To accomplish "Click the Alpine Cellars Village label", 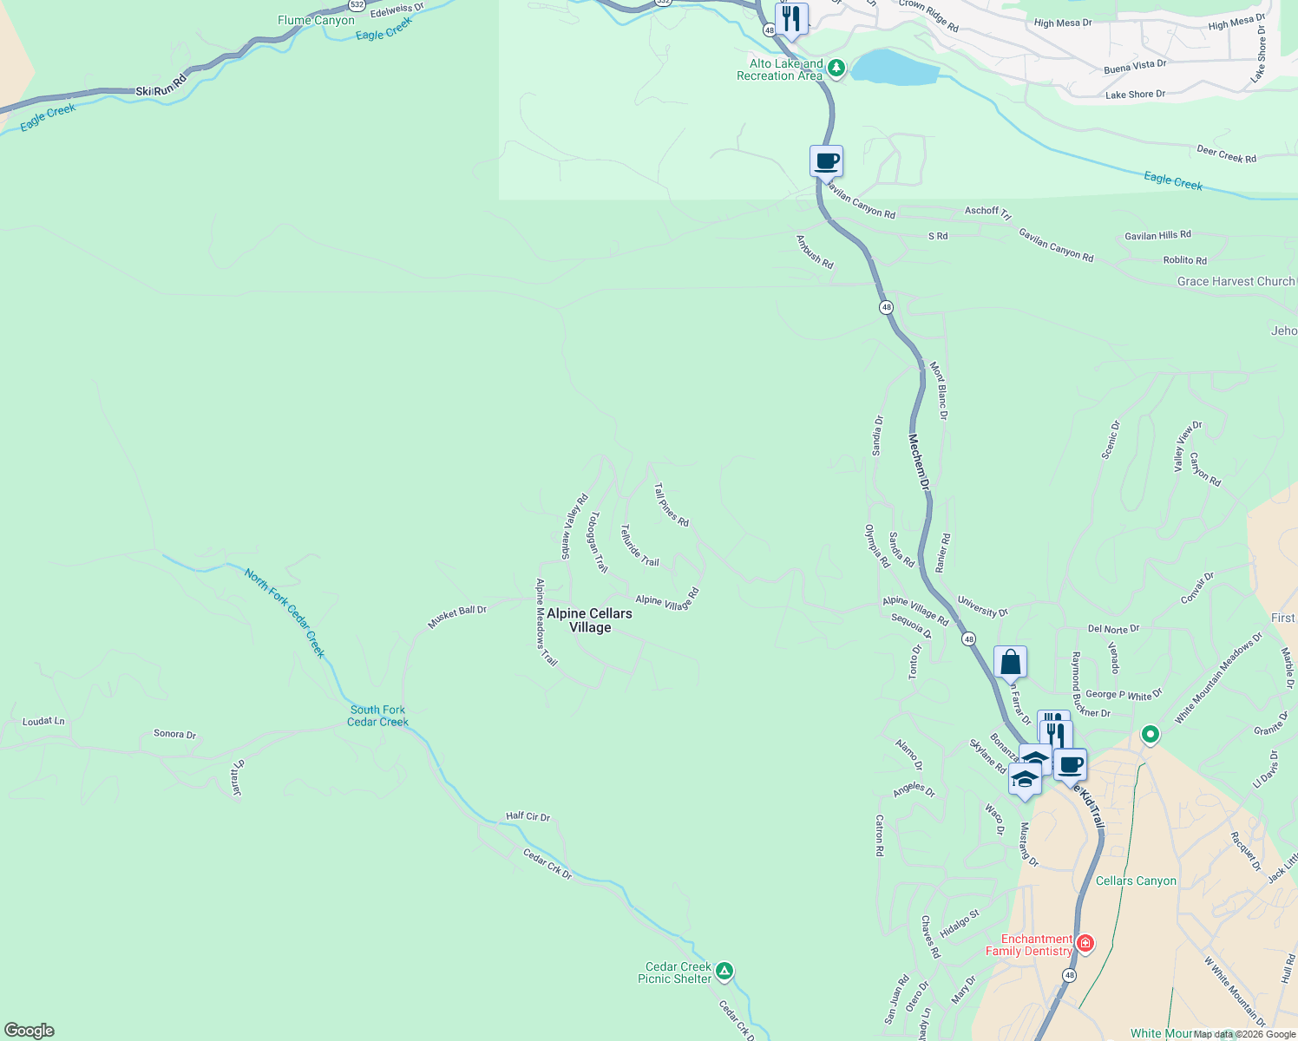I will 590,620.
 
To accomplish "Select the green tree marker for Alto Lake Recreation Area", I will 836,68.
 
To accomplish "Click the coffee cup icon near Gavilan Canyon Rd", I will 826,160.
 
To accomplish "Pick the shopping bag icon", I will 1010,662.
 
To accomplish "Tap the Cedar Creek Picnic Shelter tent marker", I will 724,971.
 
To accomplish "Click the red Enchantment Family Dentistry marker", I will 1085,943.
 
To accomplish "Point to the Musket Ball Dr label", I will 457,616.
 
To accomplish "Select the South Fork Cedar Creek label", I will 377,716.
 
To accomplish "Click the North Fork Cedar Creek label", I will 285,612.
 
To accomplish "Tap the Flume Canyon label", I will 316,20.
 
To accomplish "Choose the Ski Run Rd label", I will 161,87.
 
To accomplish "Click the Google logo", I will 29,1030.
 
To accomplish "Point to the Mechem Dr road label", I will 920,462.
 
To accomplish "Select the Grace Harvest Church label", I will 1236,281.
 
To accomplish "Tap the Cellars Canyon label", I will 1136,881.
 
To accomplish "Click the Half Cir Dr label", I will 528,816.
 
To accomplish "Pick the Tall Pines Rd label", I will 671,506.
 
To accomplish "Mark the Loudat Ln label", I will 43,721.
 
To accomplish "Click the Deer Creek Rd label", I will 1226,154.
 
